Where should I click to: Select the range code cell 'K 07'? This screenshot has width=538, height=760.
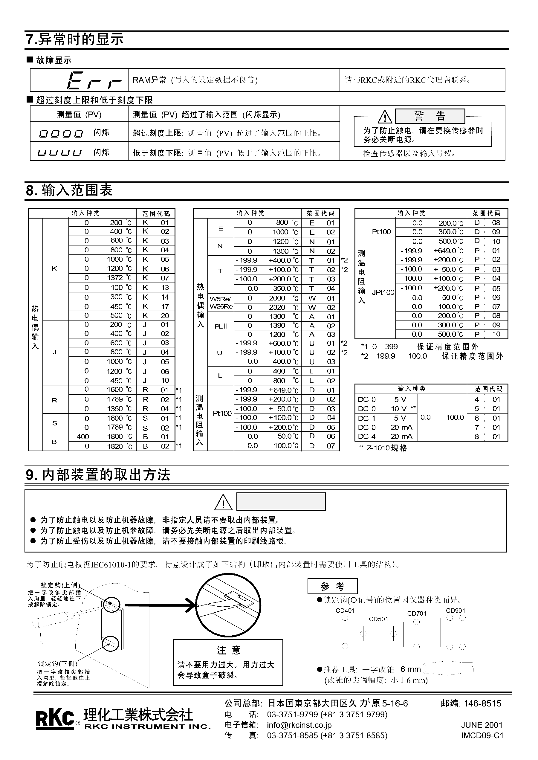point(155,278)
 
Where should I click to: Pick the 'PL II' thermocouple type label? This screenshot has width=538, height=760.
point(221,326)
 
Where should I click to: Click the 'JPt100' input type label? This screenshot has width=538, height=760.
point(383,292)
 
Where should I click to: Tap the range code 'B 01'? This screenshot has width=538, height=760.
point(155,437)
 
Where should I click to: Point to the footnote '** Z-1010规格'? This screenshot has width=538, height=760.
point(383,448)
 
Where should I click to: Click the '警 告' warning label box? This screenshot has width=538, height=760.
point(430,116)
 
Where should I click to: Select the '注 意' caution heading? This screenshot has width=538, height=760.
point(229,650)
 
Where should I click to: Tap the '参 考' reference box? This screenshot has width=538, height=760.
point(332,586)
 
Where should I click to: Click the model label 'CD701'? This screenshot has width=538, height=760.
point(417,613)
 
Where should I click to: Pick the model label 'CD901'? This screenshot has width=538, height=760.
point(455,610)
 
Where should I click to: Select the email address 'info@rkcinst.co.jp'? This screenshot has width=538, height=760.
point(299,725)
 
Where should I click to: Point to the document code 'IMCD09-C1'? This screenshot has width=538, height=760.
point(482,735)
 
